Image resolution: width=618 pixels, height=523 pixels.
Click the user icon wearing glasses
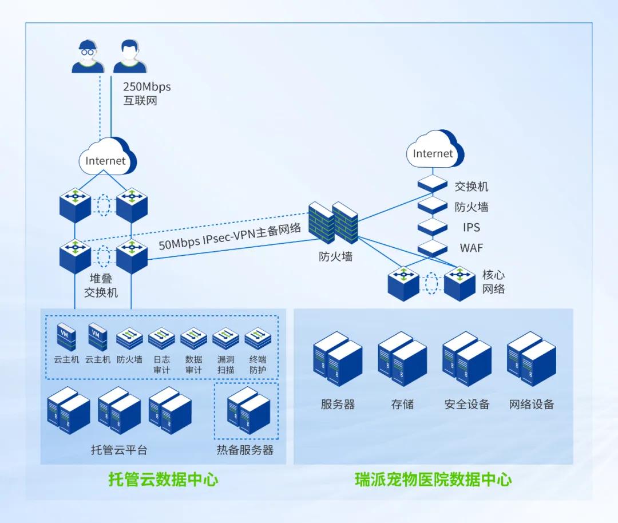[88, 56]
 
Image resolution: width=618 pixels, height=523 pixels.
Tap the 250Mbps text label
[147, 87]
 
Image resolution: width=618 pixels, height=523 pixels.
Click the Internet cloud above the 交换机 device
[434, 150]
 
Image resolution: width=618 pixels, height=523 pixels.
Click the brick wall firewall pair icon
[332, 223]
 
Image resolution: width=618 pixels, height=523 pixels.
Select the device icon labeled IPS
[432, 227]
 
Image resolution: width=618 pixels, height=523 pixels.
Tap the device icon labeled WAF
[432, 248]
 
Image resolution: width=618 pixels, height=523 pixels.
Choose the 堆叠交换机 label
[101, 286]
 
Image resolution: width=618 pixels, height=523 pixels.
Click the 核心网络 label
[494, 281]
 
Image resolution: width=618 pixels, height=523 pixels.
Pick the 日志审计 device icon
[161, 339]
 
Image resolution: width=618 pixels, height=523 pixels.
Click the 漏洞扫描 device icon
[225, 339]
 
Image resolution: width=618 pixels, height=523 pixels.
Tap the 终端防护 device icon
[257, 339]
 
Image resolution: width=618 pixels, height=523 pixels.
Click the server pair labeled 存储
[402, 359]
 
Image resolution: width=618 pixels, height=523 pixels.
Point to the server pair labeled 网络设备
[532, 359]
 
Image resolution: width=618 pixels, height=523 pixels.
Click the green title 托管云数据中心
[164, 479]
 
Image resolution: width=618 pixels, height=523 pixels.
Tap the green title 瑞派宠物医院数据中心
[433, 479]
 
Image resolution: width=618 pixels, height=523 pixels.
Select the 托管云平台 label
[119, 450]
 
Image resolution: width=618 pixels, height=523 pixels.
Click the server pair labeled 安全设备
[467, 359]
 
